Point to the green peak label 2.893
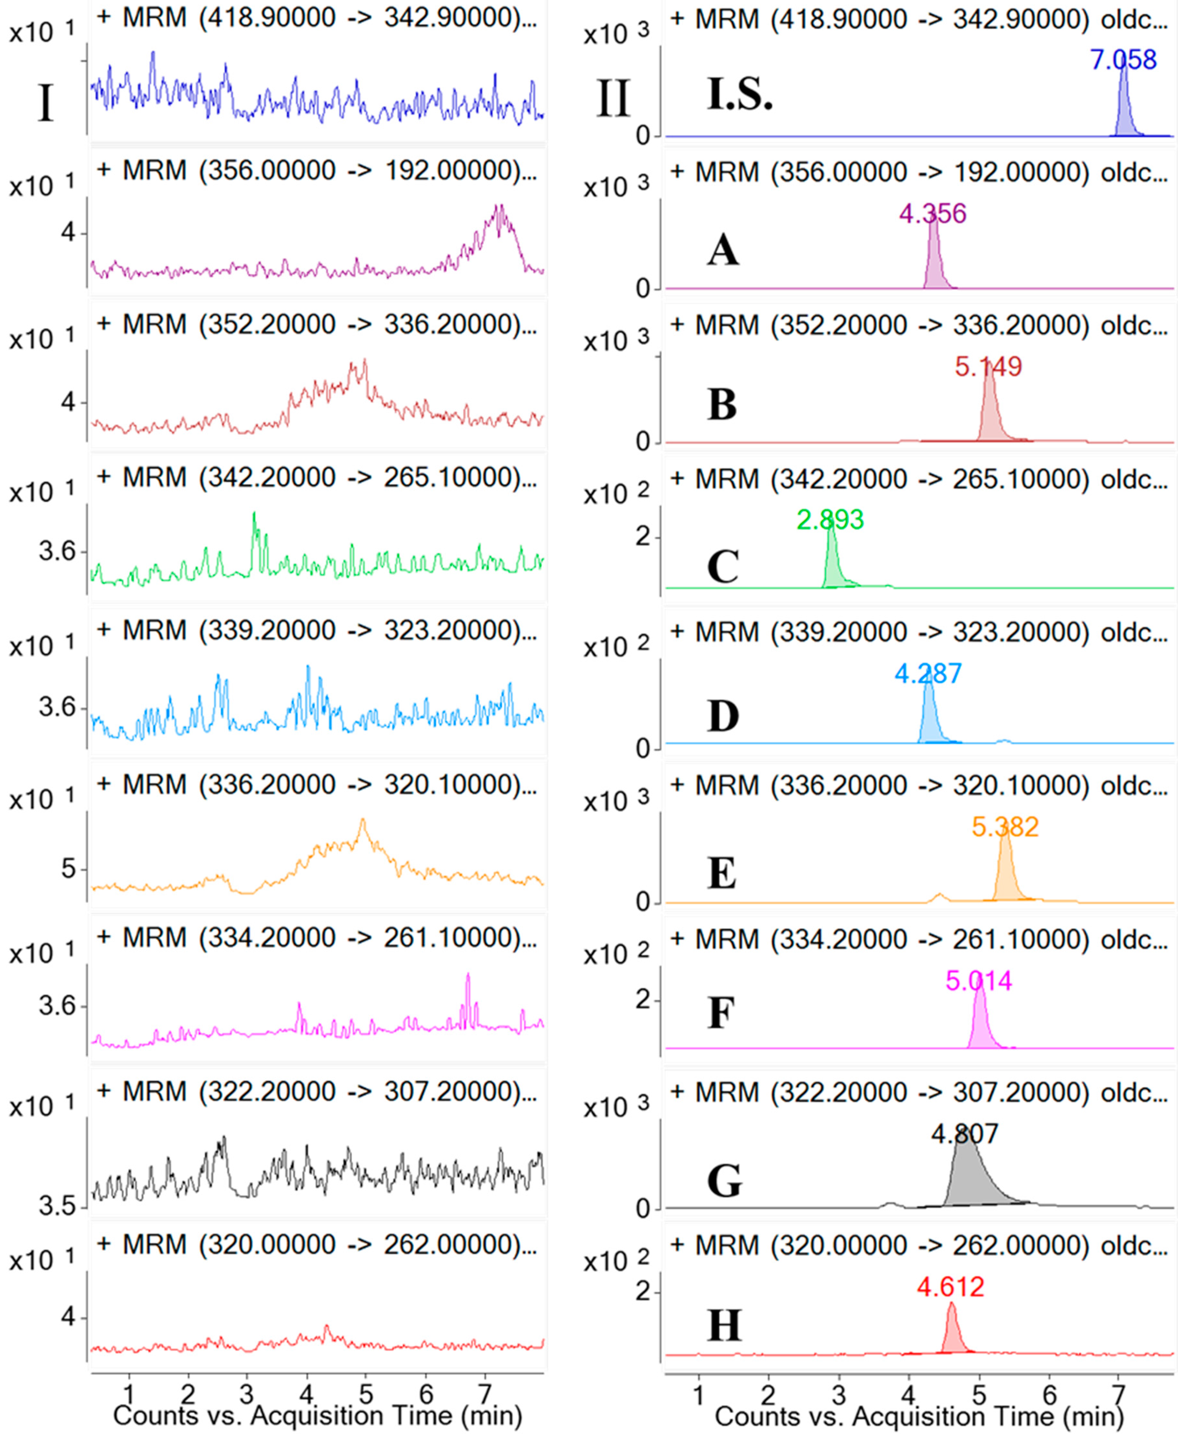(830, 520)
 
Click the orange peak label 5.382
(1005, 827)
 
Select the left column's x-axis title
(318, 1416)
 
